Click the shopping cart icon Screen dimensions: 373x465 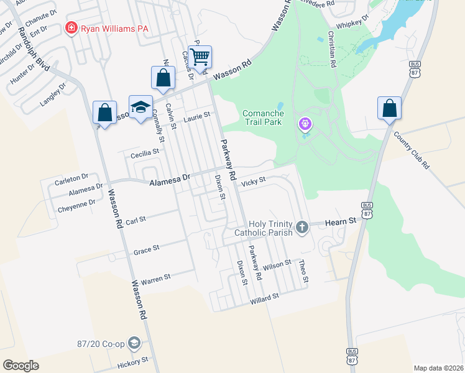point(200,57)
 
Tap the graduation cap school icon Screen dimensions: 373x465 point(140,106)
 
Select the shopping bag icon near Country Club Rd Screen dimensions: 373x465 point(389,108)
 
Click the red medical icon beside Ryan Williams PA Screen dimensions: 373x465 point(71,28)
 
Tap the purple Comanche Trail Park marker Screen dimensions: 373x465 point(305,124)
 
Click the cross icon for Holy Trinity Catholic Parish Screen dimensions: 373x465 point(302,227)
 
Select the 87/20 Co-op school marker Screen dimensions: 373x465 point(134,343)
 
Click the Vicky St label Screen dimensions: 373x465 point(253,182)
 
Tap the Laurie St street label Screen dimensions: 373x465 point(197,116)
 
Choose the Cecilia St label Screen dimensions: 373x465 point(144,151)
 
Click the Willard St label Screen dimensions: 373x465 point(264,299)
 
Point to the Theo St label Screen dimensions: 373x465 point(304,271)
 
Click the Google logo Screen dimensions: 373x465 point(21,365)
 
